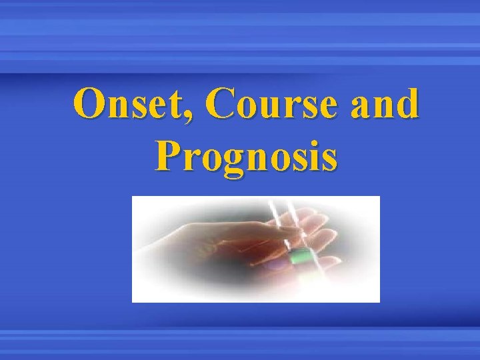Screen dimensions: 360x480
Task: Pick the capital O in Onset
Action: (x=89, y=105)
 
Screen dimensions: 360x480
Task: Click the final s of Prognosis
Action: (x=327, y=161)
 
